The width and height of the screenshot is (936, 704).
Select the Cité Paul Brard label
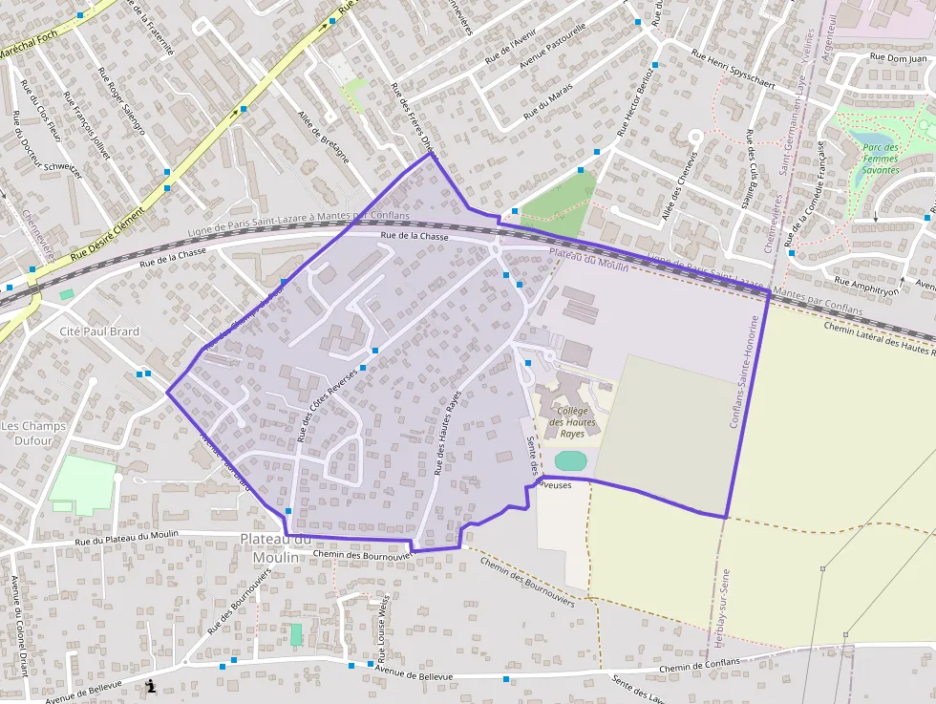coord(99,331)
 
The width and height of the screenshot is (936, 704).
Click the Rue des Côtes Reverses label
coord(328,405)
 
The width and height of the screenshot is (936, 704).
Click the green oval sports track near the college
coord(570,460)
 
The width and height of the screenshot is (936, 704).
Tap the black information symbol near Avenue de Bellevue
coord(150,685)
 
